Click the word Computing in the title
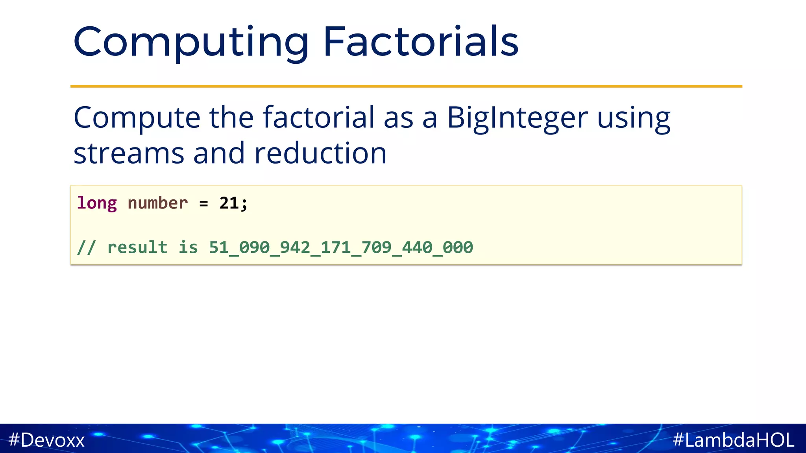tap(191, 42)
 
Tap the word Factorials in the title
tap(421, 42)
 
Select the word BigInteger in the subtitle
tap(517, 118)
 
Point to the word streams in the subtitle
tap(129, 153)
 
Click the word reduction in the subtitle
tap(320, 153)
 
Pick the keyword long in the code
tap(97, 203)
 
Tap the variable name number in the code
tap(157, 203)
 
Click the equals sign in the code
tap(203, 204)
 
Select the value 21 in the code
tap(229, 203)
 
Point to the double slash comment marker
tap(86, 247)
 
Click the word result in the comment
tap(137, 247)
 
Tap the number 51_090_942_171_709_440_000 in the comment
tap(341, 247)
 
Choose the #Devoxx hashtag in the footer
tap(46, 440)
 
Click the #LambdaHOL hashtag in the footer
tap(734, 440)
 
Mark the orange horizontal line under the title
tap(406, 86)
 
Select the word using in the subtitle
tap(634, 118)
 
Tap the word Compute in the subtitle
tap(137, 118)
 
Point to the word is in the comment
tap(188, 247)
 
